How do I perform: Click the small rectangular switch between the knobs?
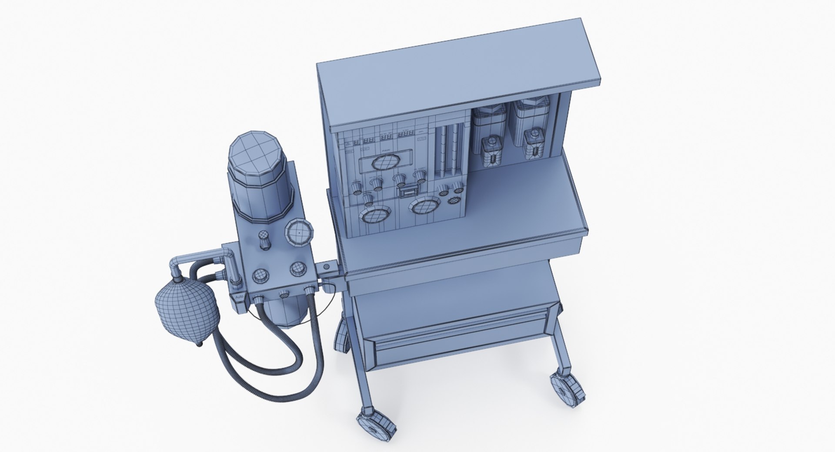click(409, 191)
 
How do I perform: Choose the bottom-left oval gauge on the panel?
click(374, 215)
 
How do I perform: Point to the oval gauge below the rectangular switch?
click(424, 205)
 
